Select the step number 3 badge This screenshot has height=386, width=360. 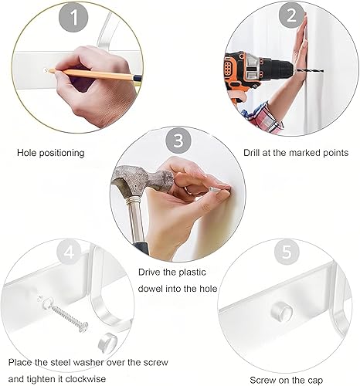click(x=179, y=141)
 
